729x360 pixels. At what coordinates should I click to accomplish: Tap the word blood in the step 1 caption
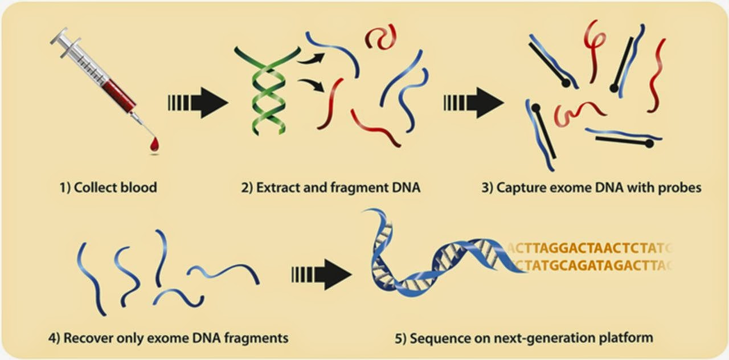137,187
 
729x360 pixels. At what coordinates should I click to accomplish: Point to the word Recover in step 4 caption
85,338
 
